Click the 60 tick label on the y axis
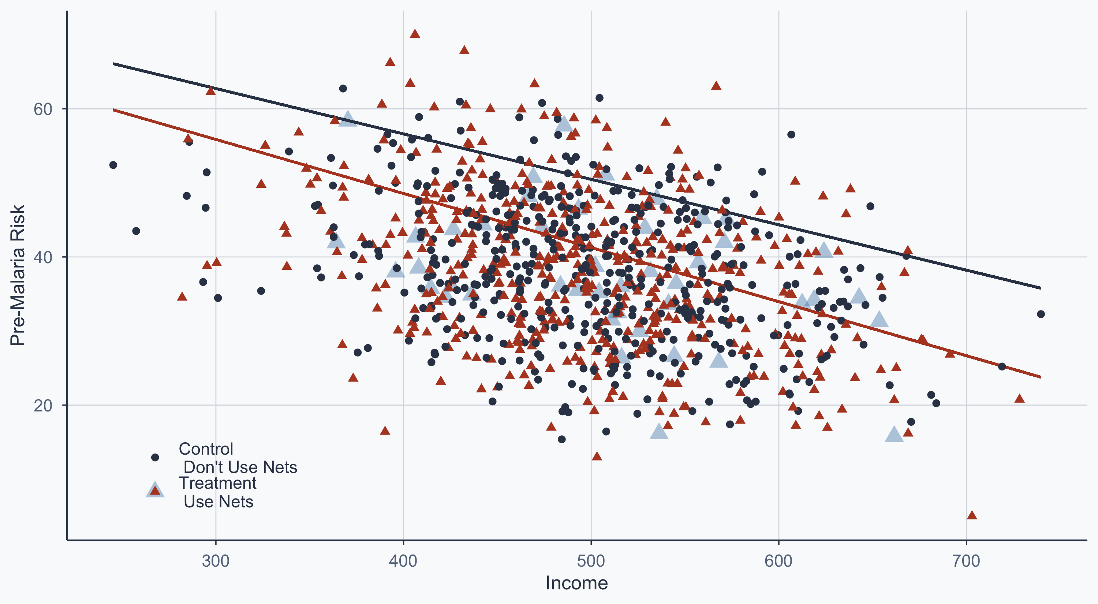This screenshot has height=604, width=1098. (42, 109)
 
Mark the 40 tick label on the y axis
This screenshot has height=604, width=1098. (42, 257)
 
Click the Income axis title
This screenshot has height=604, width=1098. (577, 583)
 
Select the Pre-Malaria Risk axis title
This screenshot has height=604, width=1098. (18, 275)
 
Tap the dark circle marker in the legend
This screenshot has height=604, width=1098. (155, 457)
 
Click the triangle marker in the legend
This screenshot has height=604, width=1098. (155, 491)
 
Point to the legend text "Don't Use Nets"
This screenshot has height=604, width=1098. (240, 467)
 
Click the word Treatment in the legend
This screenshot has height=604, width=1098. (217, 483)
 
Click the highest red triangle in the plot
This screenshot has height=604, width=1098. (415, 34)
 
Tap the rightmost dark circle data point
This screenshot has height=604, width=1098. (1041, 314)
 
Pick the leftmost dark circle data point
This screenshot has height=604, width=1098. (113, 165)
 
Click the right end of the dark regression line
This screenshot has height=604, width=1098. (1041, 288)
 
